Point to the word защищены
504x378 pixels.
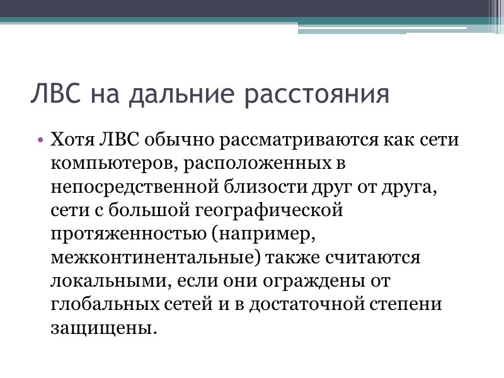click(x=100, y=328)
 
